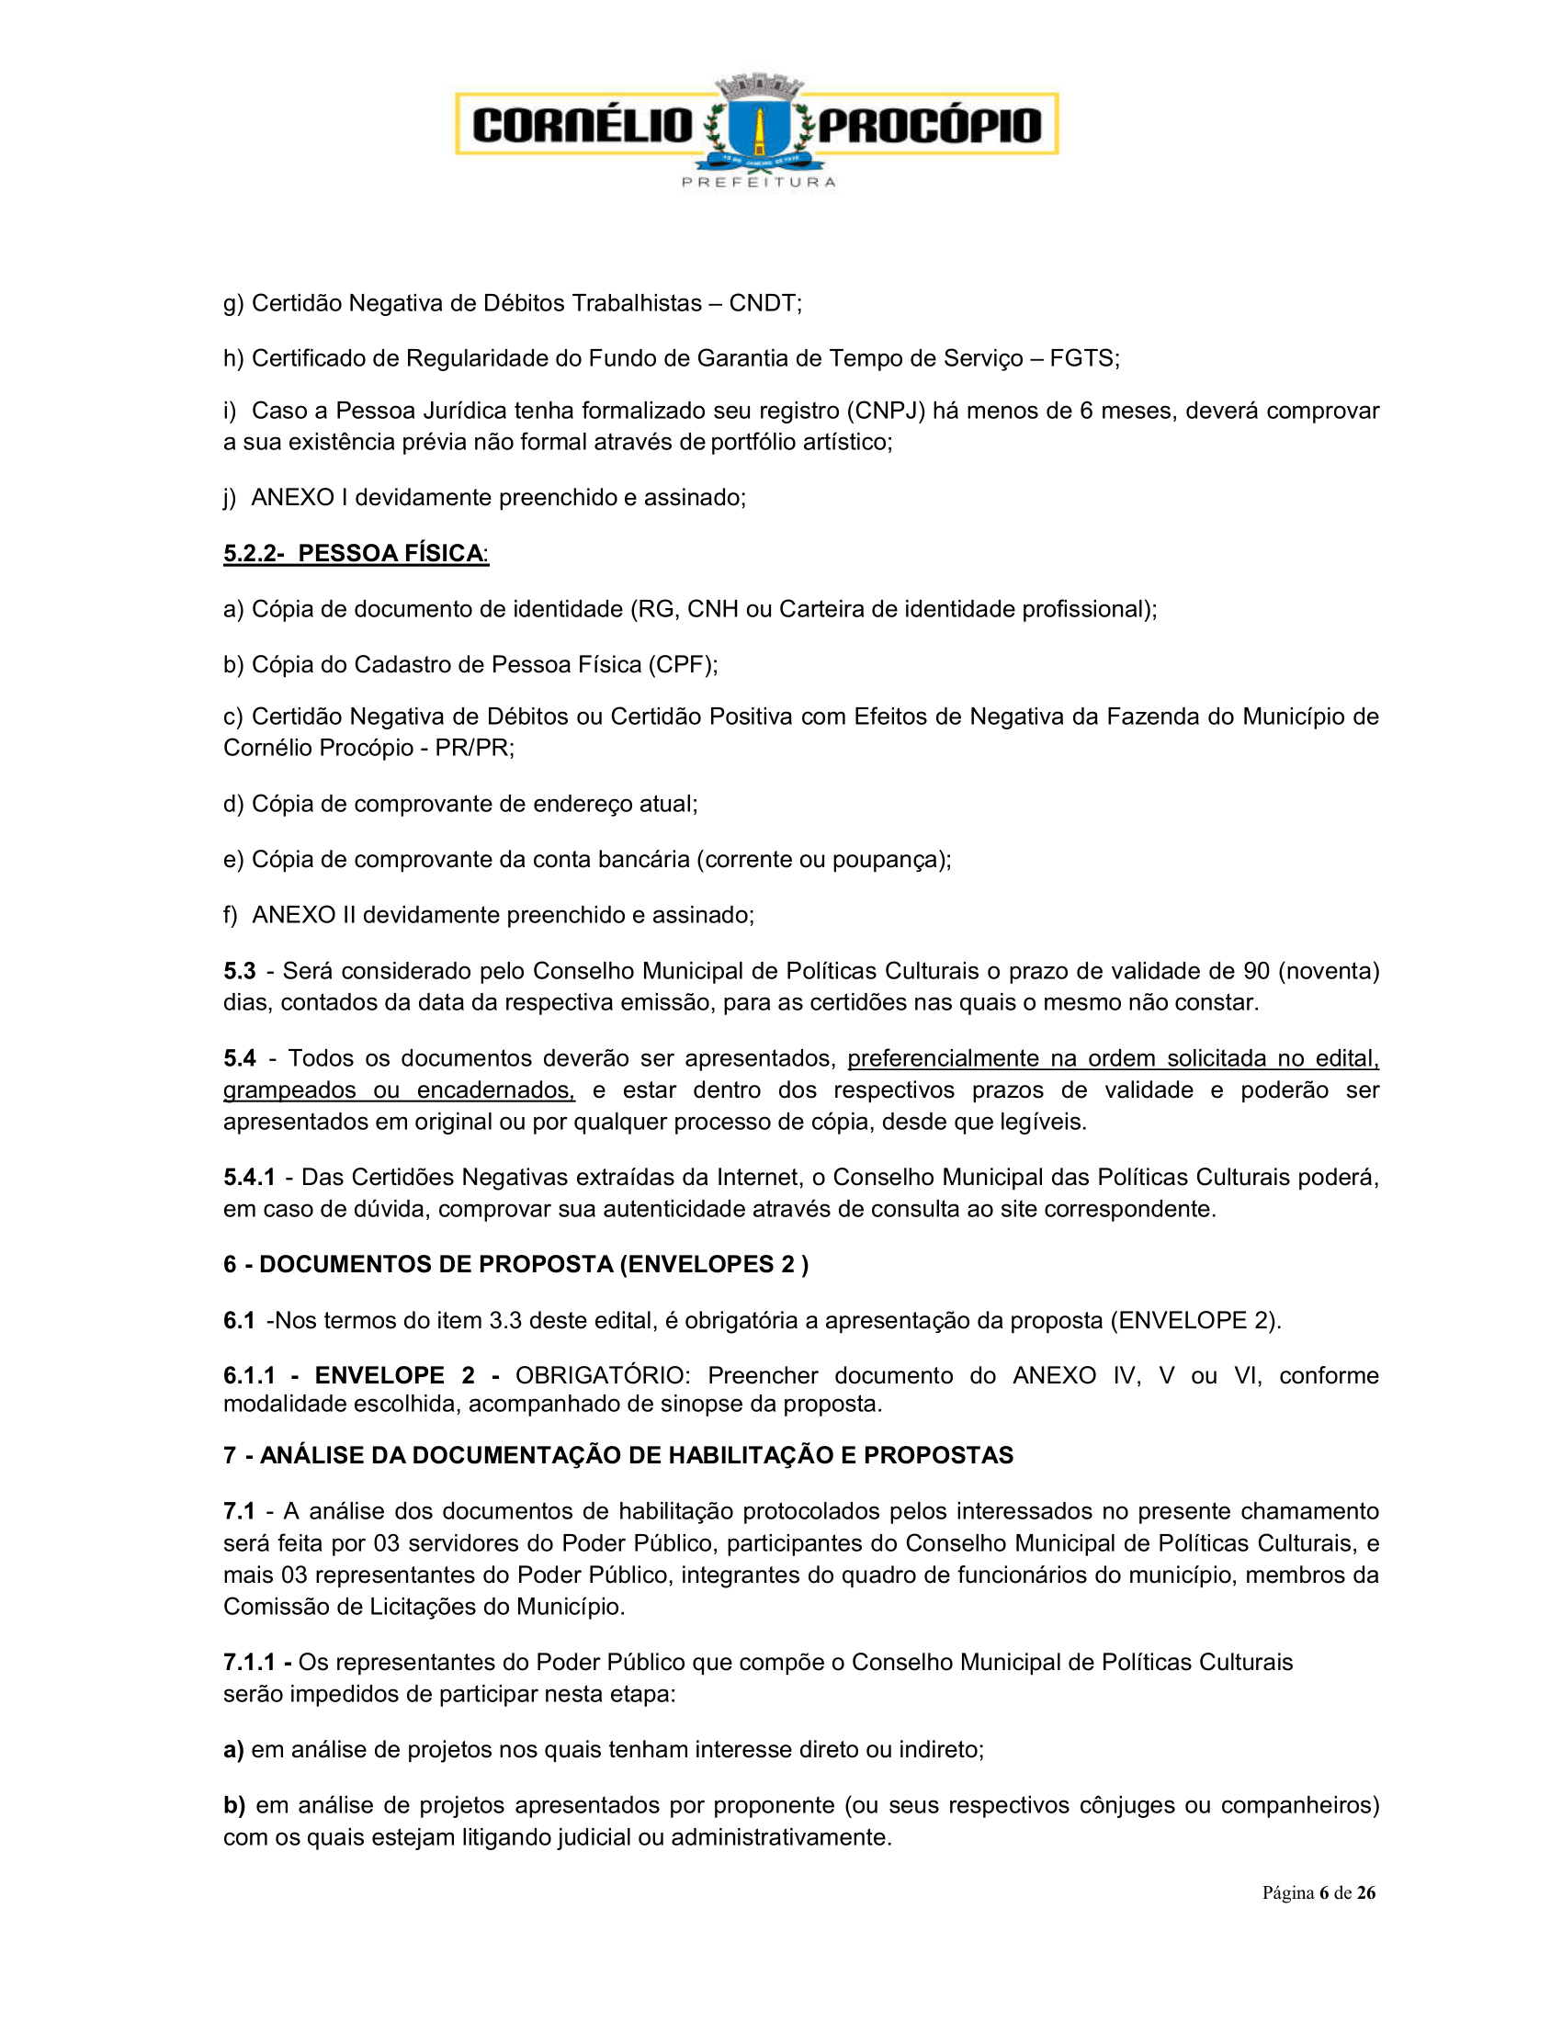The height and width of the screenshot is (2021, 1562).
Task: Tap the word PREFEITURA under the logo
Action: click(x=759, y=182)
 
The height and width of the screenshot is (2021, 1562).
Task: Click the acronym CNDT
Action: click(x=763, y=303)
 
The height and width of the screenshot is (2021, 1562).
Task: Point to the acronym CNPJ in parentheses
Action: click(x=886, y=411)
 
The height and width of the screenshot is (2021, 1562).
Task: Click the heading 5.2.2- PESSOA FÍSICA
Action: click(x=357, y=553)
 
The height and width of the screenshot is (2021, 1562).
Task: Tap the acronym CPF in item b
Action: click(x=682, y=664)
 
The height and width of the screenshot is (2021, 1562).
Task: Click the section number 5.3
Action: click(x=239, y=971)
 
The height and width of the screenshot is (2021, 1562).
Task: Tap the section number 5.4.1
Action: click(x=249, y=1177)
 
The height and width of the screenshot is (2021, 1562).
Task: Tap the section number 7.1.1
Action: click(x=249, y=1662)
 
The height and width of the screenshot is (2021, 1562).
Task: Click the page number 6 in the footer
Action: click(x=1323, y=1892)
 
